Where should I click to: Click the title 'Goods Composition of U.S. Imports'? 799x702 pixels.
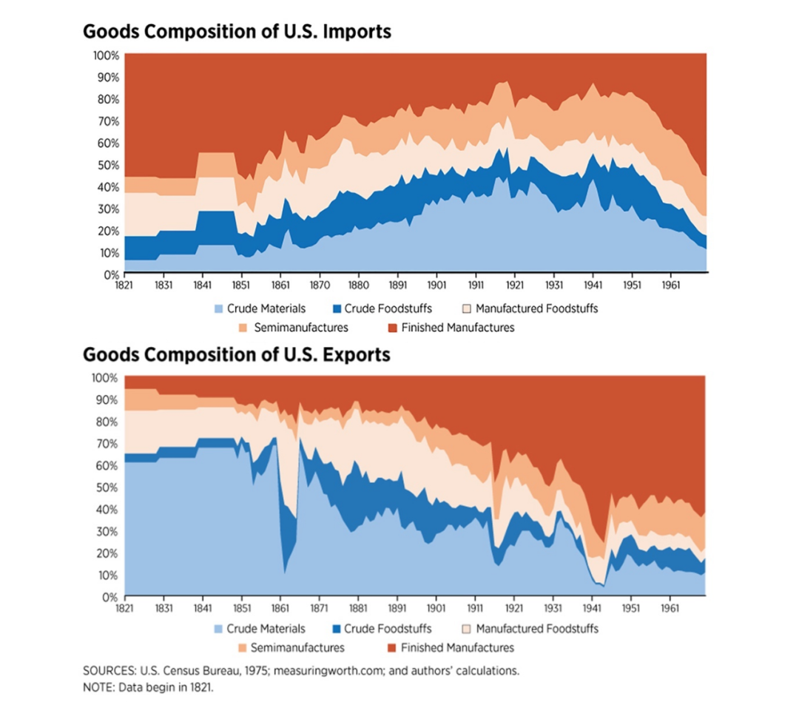pyautogui.click(x=237, y=32)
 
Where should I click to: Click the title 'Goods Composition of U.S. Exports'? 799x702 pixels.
pyautogui.click(x=236, y=354)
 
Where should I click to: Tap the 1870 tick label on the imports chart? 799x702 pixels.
pyautogui.click(x=319, y=283)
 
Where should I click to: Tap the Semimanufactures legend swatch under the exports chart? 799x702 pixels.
pyautogui.click(x=241, y=648)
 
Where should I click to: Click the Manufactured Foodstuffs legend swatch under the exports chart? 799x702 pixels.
pyautogui.click(x=465, y=629)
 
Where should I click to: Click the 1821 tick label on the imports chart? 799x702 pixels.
pyautogui.click(x=125, y=283)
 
